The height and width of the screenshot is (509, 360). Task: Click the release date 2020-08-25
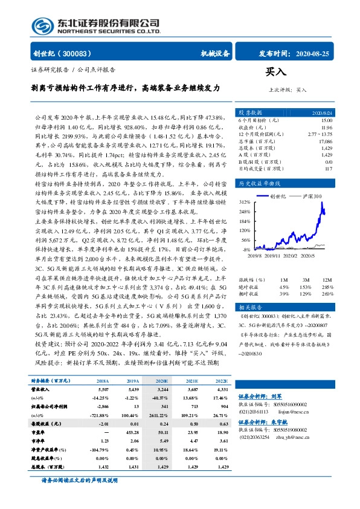(x=314, y=53)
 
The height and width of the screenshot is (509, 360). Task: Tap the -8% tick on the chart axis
(x=245, y=248)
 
